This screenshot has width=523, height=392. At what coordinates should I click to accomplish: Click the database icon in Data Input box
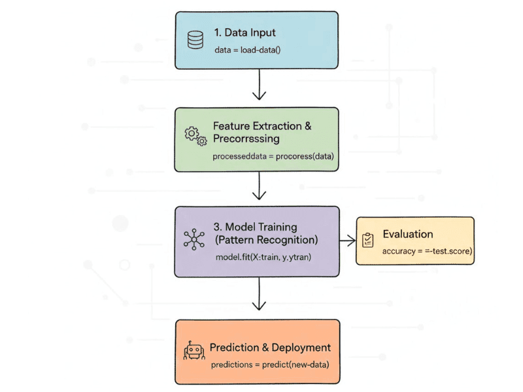pos(195,39)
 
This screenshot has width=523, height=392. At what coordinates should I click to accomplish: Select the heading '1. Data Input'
pos(245,32)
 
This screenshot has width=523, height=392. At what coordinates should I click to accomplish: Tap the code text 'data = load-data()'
pos(248,49)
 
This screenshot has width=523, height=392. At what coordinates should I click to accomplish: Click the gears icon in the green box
pos(195,135)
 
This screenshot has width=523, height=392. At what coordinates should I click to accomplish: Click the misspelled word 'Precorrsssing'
pos(246,139)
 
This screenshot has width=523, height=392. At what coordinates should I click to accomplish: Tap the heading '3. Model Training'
pos(256,227)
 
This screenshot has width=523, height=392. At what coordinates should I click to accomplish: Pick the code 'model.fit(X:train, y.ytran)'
pos(263,257)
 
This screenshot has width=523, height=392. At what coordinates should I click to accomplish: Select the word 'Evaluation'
pos(408,234)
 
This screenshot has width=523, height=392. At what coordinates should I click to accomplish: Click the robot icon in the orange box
pos(194,351)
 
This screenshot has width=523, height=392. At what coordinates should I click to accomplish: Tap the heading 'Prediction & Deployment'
pos(270,348)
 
